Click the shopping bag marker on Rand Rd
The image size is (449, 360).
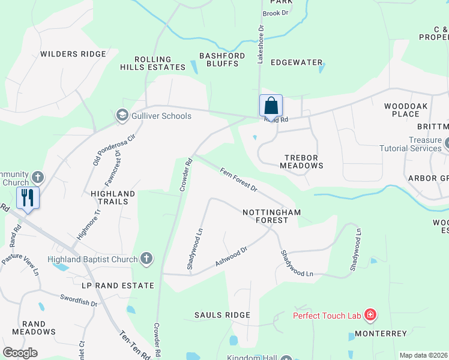[x=271, y=106]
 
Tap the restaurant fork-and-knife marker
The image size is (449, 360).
[x=28, y=197]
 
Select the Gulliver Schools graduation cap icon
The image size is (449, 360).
[x=122, y=115]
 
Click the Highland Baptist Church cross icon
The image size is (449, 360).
[x=145, y=259]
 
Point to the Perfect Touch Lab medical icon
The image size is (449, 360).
[x=370, y=315]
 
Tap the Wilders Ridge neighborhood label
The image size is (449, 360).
[x=73, y=54]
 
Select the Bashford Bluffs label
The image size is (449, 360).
[x=222, y=60]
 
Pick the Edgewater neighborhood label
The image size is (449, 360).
[x=297, y=62]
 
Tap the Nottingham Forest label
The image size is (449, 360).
[x=271, y=216]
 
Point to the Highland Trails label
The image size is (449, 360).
[x=113, y=198]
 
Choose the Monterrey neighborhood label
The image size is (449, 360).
[x=381, y=334]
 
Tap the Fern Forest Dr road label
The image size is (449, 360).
[x=238, y=180]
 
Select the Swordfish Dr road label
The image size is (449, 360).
[x=79, y=300]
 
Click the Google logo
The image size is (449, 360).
[x=20, y=353]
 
